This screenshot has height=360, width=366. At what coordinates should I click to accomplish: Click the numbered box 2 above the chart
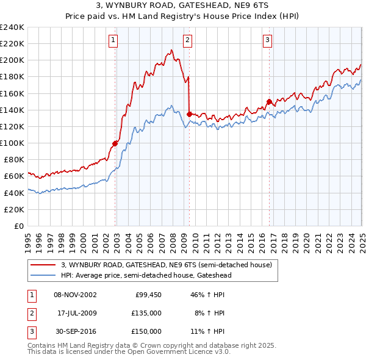click(x=187, y=41)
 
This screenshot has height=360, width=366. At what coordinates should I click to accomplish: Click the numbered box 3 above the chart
click(x=268, y=41)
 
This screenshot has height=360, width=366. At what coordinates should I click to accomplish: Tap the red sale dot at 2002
click(x=115, y=143)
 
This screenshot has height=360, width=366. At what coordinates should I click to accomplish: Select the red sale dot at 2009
click(x=190, y=114)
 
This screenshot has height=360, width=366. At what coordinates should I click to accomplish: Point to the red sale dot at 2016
click(x=270, y=102)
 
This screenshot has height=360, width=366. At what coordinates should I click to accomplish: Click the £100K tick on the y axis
click(x=12, y=143)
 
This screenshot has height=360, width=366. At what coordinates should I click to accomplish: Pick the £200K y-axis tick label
click(x=12, y=60)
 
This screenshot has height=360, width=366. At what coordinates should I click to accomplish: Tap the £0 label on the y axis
click(x=18, y=226)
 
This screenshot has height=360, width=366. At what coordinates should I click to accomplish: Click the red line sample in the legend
click(x=43, y=265)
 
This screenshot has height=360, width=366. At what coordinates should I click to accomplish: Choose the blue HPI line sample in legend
click(x=43, y=275)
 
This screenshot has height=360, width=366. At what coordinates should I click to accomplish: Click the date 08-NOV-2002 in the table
click(x=75, y=295)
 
